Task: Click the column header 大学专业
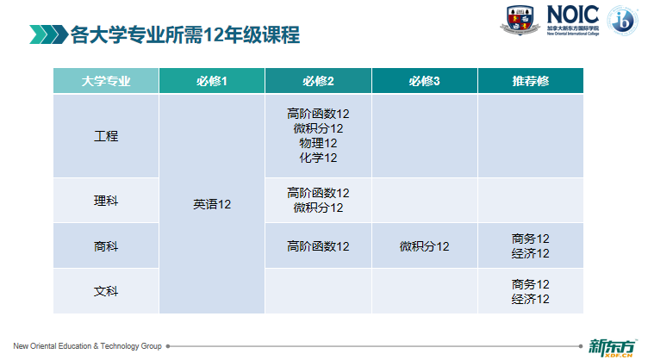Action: coord(106,81)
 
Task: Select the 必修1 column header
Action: coord(212,81)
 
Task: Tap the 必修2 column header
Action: coord(318,81)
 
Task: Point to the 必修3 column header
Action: coord(425,81)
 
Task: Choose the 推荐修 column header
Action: coord(531,81)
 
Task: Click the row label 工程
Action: coord(106,136)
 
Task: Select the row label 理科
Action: coord(106,201)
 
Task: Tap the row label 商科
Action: coord(106,246)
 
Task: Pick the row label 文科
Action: coord(106,291)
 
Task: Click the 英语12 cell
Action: coord(212,204)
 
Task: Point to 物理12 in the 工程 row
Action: coord(318,143)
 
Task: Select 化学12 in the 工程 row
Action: coord(318,158)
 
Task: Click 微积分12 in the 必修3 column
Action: coord(425,246)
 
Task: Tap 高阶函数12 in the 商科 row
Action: coord(318,246)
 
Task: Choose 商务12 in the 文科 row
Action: coord(531,284)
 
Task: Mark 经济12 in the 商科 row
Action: coord(531,253)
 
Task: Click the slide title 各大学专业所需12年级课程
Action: coord(185,34)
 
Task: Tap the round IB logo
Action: coord(622,20)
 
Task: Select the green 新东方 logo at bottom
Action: coord(613,348)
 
